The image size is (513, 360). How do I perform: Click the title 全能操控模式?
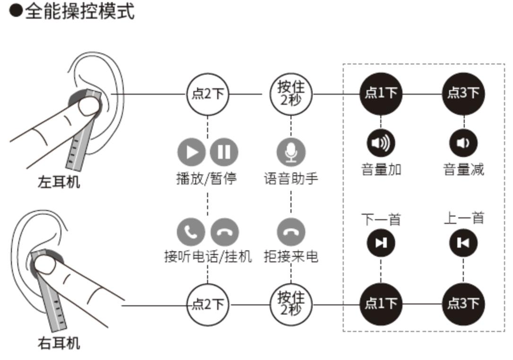coord(79,11)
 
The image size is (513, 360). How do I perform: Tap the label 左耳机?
coord(59,182)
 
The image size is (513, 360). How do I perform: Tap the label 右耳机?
coord(59,343)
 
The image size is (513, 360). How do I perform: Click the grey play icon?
coord(191,152)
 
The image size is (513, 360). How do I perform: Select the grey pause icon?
coord(224,152)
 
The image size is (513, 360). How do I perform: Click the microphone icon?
coord(291,152)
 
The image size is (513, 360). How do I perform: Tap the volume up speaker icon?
coord(381,143)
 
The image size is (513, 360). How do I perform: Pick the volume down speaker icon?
coord(463,143)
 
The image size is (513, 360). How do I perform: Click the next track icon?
coord(381,243)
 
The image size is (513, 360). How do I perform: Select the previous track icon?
coord(463,243)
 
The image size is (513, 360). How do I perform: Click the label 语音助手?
coord(291,179)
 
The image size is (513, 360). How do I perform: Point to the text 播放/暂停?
coord(207,179)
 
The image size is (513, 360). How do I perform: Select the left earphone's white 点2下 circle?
coord(207,94)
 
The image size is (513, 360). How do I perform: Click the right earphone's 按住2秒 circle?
coord(291,304)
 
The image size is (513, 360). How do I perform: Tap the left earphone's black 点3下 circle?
coord(463,94)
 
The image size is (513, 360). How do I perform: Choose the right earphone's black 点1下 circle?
coord(381,304)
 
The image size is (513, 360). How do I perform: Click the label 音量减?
coord(463,169)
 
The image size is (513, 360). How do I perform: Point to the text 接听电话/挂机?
coord(208,257)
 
